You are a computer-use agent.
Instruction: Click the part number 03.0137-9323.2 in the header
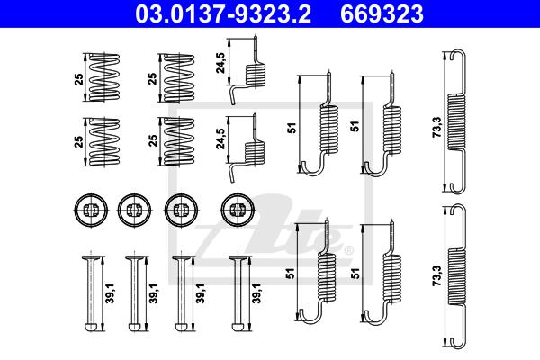[x=223, y=14]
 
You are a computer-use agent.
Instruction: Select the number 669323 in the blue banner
[x=382, y=14]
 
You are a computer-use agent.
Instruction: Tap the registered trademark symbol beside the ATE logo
[x=348, y=250]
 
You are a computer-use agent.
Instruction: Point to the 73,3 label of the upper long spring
[x=436, y=127]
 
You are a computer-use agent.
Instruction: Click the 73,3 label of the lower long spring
[x=436, y=275]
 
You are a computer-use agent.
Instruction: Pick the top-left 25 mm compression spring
[x=104, y=77]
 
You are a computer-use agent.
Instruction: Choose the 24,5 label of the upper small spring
[x=220, y=63]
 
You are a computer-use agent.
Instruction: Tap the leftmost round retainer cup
[x=91, y=210]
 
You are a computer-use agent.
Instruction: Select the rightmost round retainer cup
[x=238, y=210]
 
